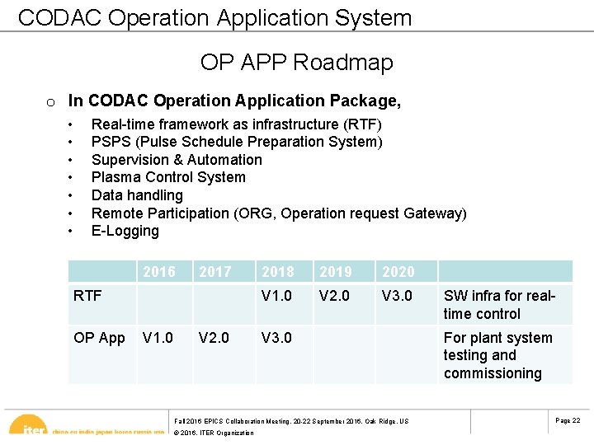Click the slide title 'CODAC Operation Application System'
(x=214, y=18)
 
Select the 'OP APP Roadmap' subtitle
(x=296, y=63)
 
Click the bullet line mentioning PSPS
(x=237, y=142)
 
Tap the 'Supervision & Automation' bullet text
(x=177, y=160)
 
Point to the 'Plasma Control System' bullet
(x=168, y=177)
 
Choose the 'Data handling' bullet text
(x=137, y=195)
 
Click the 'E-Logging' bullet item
(x=125, y=231)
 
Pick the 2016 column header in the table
(x=159, y=272)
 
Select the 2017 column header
(x=215, y=272)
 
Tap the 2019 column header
(x=336, y=272)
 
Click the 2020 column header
(x=398, y=272)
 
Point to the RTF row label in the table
(x=87, y=296)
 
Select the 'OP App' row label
(x=99, y=338)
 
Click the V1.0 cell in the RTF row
(x=276, y=296)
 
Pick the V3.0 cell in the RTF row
(x=397, y=296)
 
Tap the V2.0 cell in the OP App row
(x=215, y=338)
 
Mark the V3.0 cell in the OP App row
(x=276, y=338)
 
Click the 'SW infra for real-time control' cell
(x=499, y=305)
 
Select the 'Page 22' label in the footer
(x=568, y=421)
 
